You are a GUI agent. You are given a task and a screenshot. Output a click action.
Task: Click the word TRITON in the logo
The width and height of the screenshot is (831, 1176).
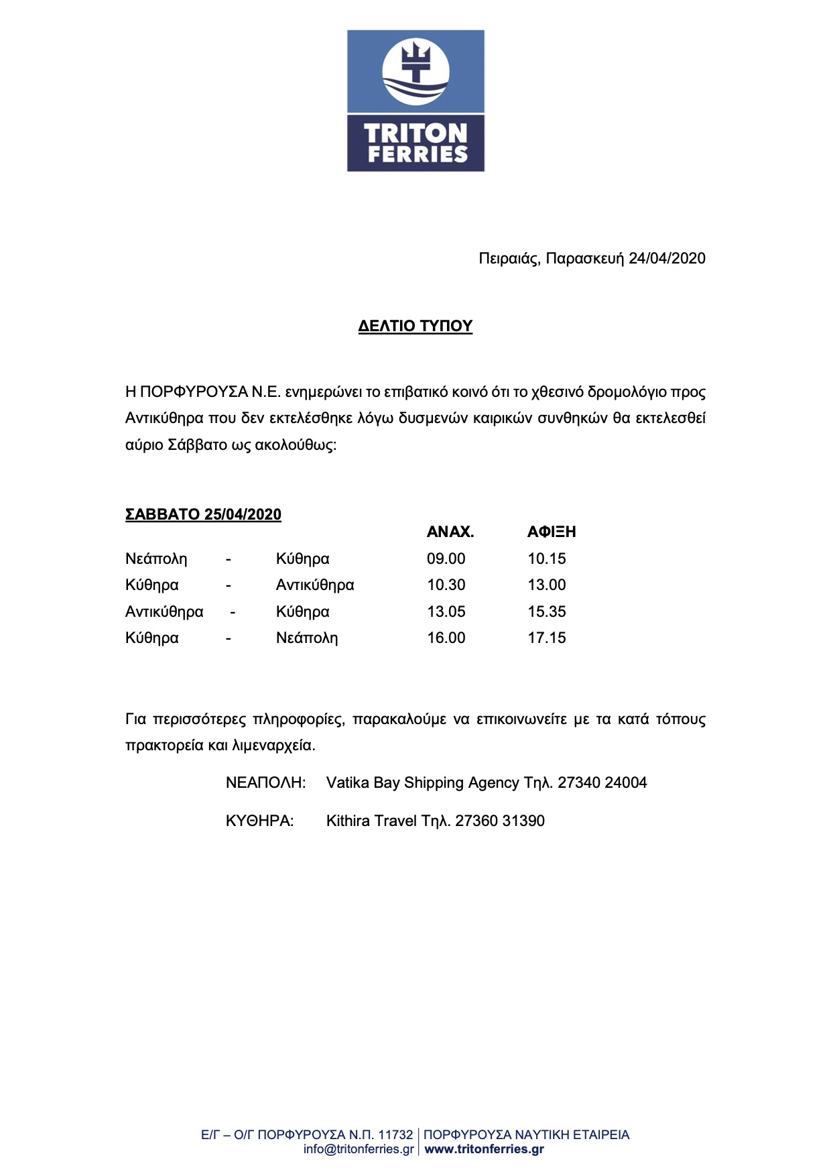point(415,133)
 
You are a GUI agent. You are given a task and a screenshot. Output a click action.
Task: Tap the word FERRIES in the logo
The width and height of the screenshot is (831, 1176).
point(417,155)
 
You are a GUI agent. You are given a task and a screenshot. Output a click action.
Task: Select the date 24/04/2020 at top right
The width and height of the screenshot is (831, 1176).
point(667,259)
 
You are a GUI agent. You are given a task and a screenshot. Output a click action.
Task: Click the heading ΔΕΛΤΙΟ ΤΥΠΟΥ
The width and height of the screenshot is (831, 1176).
point(415,327)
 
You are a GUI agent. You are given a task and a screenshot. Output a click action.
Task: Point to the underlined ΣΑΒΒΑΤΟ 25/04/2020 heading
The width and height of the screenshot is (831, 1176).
point(203,515)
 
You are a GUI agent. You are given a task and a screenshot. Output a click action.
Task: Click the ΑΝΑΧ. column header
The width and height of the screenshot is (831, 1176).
point(450,532)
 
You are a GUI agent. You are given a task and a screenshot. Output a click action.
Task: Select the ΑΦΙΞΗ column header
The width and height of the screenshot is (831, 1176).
point(552,532)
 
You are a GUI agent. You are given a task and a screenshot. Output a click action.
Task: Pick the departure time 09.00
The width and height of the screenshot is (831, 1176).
point(446,559)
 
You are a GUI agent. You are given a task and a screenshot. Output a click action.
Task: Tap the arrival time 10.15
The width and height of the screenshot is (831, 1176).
point(547,559)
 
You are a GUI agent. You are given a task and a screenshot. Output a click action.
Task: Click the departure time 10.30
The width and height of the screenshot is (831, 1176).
point(446,585)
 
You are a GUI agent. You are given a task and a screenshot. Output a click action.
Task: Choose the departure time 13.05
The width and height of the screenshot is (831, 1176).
point(446,612)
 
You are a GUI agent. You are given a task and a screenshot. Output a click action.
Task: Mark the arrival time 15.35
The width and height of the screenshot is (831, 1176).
point(547,612)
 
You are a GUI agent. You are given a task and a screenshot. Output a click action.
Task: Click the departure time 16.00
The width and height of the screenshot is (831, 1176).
point(446,638)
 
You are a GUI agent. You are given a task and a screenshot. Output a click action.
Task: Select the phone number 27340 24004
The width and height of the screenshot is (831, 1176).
point(602,783)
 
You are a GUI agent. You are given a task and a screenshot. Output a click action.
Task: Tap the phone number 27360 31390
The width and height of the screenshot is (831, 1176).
point(500,821)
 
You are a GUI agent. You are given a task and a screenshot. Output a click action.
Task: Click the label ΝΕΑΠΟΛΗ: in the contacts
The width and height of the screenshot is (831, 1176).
point(266,783)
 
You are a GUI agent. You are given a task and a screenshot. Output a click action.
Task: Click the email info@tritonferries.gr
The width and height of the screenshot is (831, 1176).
point(359,1149)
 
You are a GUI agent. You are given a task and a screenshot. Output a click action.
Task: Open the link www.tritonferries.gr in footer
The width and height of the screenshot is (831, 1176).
point(485,1149)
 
